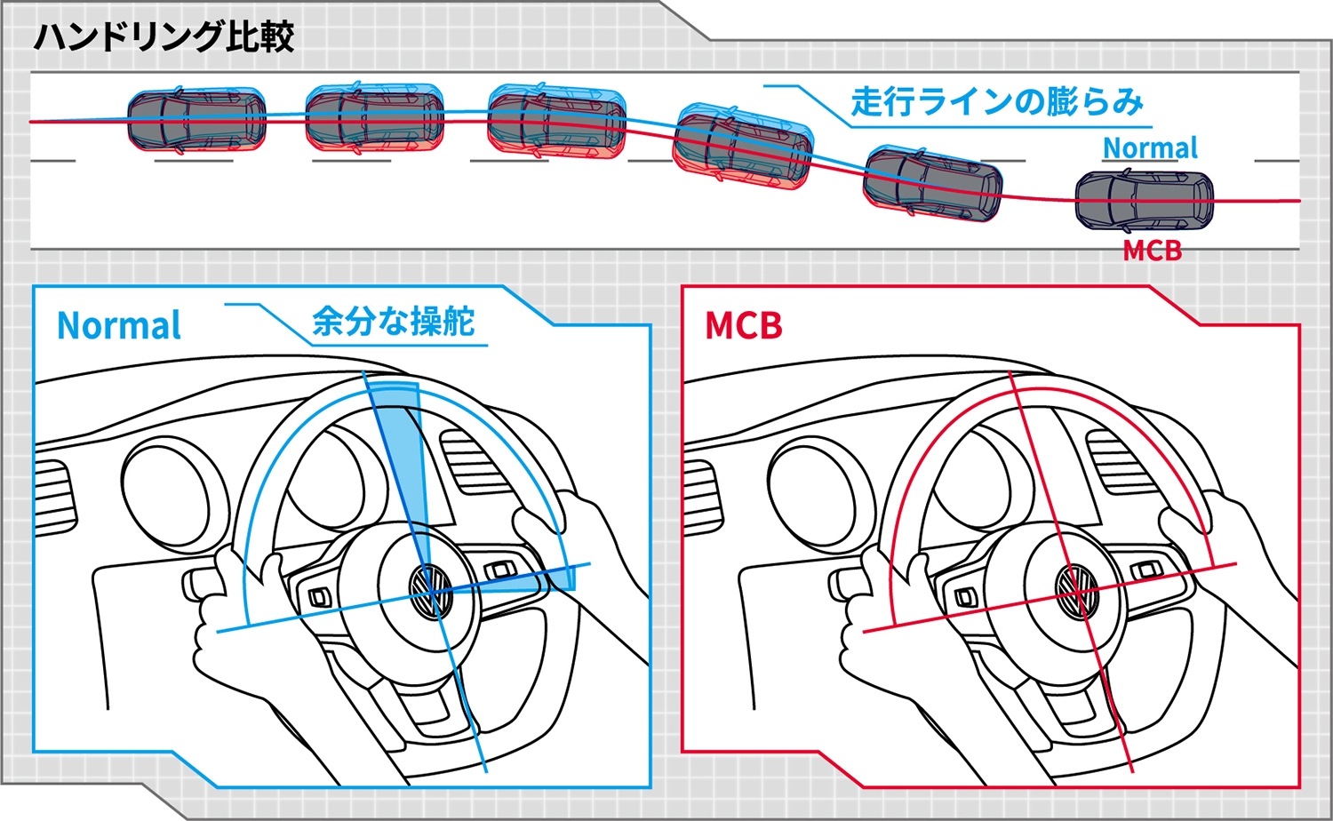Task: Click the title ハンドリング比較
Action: [164, 37]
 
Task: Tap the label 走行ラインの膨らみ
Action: [996, 102]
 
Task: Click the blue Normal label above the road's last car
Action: [1150, 147]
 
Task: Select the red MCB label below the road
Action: [1152, 251]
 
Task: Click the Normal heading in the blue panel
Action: [119, 326]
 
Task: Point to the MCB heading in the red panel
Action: [743, 326]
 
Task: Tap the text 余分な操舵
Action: [393, 322]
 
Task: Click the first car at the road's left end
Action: [196, 121]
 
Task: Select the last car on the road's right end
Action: [1144, 201]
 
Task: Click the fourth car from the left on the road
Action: [743, 147]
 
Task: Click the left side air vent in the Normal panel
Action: [53, 497]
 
